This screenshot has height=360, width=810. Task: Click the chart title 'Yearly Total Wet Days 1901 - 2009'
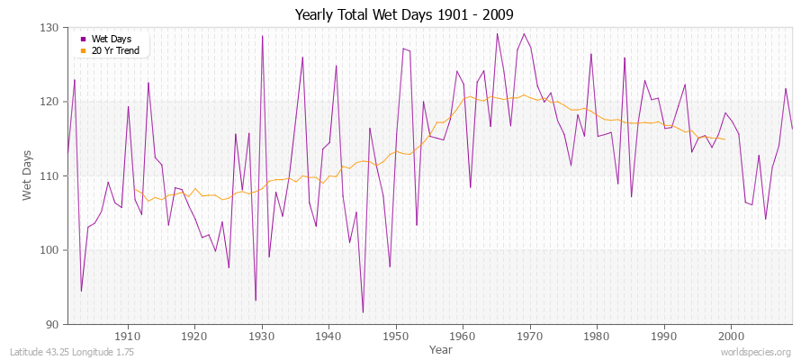(x=404, y=15)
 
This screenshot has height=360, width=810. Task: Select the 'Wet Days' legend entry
(x=110, y=40)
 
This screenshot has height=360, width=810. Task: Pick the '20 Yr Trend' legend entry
(x=113, y=50)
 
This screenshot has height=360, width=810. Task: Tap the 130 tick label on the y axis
(x=49, y=28)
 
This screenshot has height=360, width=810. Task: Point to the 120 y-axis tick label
(x=49, y=102)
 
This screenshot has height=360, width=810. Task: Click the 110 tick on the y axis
(x=49, y=175)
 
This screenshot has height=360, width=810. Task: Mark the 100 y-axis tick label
(x=49, y=250)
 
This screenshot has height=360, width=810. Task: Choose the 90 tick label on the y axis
(x=52, y=324)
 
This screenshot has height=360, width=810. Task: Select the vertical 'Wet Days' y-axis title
(x=27, y=175)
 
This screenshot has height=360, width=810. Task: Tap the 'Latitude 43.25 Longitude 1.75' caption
(x=72, y=352)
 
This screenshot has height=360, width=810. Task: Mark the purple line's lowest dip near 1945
(x=363, y=312)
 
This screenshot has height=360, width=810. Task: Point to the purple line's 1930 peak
(x=262, y=36)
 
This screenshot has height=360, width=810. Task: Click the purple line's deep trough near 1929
(x=256, y=301)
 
